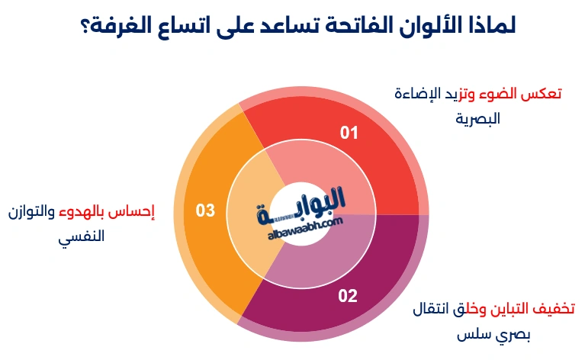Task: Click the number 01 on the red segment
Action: point(349,133)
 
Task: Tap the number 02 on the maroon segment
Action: point(348,296)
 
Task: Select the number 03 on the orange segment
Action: point(205,210)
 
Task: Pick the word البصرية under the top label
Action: point(477,118)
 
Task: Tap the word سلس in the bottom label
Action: point(474,334)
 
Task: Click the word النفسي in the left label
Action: point(82,236)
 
